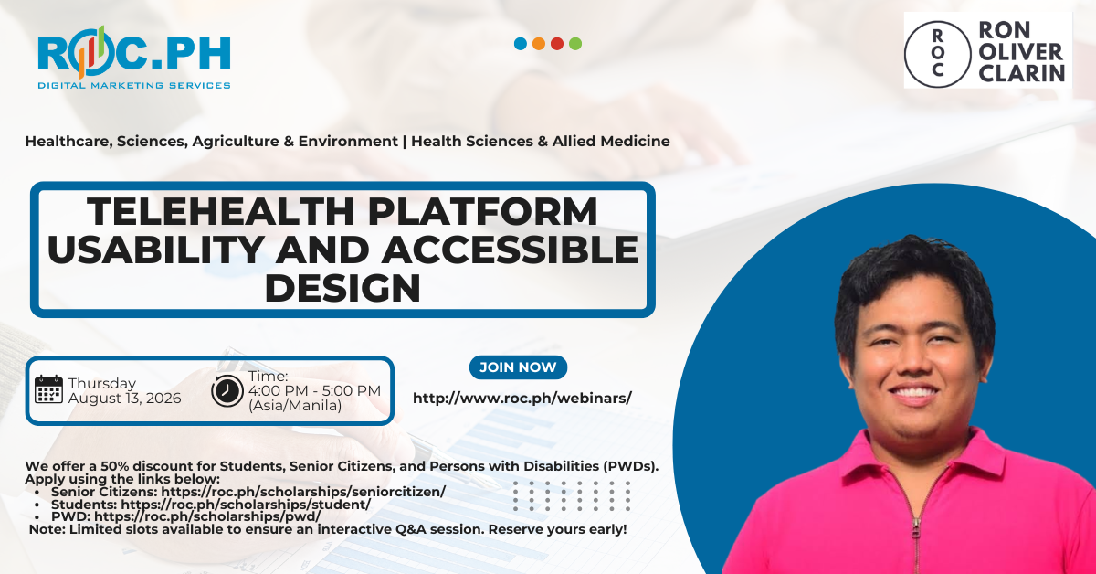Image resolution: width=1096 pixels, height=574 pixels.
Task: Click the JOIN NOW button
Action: tap(518, 367)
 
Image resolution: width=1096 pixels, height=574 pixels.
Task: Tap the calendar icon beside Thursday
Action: tap(49, 389)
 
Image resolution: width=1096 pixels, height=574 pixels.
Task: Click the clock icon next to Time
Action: tap(227, 390)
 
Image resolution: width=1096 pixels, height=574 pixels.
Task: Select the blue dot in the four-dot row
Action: tap(521, 44)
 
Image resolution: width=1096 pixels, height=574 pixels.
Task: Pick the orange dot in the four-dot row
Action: tap(539, 44)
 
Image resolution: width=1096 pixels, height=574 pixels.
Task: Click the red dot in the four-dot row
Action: tap(557, 44)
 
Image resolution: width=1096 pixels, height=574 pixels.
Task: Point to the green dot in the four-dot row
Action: tap(575, 44)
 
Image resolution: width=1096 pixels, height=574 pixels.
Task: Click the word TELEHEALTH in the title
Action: tap(221, 211)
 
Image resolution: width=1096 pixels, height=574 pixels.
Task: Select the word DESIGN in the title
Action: tap(342, 288)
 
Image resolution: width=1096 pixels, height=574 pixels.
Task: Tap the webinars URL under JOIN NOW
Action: tap(522, 398)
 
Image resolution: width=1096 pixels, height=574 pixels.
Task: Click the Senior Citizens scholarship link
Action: tap(303, 491)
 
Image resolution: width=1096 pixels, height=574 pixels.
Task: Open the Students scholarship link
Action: tap(246, 504)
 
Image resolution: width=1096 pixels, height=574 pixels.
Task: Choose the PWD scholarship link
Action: tap(207, 516)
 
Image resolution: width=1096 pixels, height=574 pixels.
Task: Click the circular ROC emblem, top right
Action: tap(937, 54)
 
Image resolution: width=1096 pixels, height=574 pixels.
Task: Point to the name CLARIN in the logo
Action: tap(1022, 73)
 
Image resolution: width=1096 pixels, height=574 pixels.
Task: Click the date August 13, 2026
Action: tap(125, 399)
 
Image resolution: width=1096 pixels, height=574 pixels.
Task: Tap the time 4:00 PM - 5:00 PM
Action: tap(314, 391)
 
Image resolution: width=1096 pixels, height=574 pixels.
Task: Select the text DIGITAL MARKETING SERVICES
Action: tap(134, 85)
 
